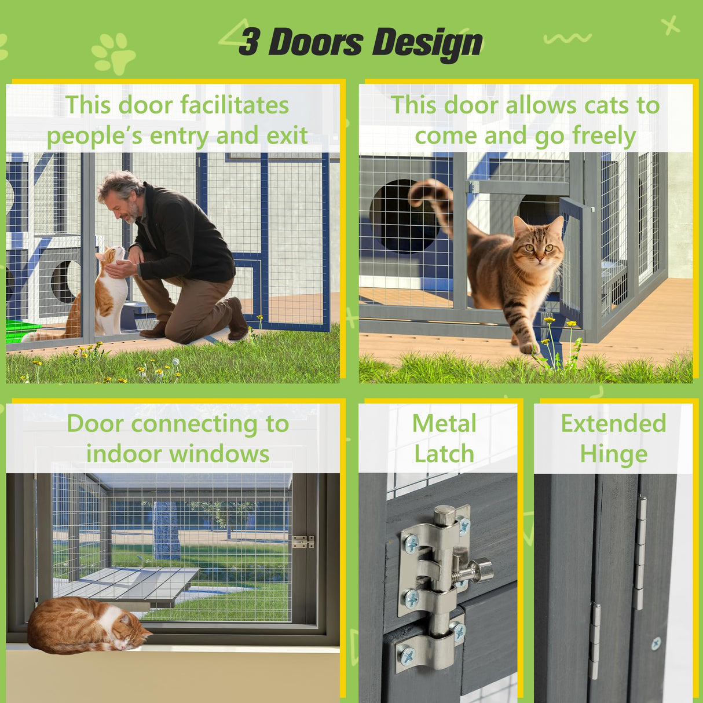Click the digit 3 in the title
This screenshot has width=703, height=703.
tap(250, 42)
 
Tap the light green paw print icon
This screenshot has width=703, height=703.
tap(113, 53)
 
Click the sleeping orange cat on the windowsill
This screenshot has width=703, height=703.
tap(87, 626)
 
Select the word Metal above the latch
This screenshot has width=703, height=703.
tap(444, 423)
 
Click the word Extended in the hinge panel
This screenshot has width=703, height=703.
tap(613, 423)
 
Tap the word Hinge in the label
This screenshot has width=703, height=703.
tap(613, 454)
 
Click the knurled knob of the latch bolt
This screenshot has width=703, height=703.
tap(482, 570)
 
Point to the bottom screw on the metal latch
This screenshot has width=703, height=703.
tap(408, 655)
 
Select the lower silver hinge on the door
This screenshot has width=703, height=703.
tap(594, 640)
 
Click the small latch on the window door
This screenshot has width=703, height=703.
tap(303, 542)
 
